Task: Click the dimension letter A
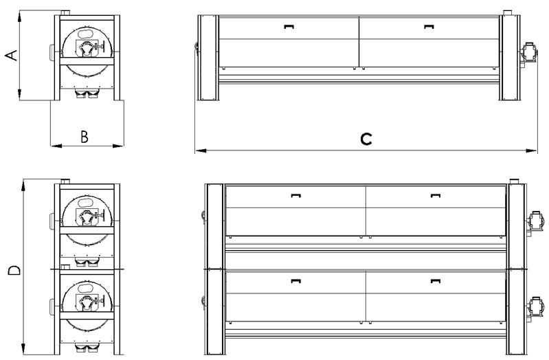(12, 56)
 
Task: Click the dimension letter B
(85, 137)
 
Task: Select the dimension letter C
(366, 139)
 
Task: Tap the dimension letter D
(14, 271)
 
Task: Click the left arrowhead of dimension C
(201, 151)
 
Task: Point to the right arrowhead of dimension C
(531, 151)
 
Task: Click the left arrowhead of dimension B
(56, 146)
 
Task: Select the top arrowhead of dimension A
(20, 16)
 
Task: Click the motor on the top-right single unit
(528, 54)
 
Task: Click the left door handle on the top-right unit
(289, 27)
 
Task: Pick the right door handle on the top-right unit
(429, 27)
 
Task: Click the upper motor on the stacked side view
(536, 221)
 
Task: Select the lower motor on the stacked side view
(536, 307)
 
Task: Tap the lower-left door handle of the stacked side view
(296, 280)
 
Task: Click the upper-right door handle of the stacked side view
(435, 195)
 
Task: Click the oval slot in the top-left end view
(85, 34)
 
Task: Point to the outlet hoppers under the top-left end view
(87, 94)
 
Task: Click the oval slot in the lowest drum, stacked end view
(85, 289)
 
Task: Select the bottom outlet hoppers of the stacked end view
(87, 348)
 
